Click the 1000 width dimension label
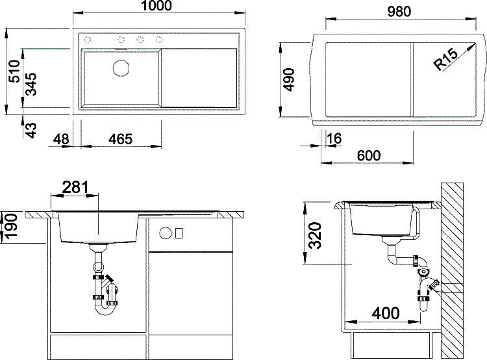[155, 6]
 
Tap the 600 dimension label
[368, 156]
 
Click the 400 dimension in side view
[387, 313]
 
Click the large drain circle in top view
[121, 67]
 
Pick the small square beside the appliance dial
[180, 233]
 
